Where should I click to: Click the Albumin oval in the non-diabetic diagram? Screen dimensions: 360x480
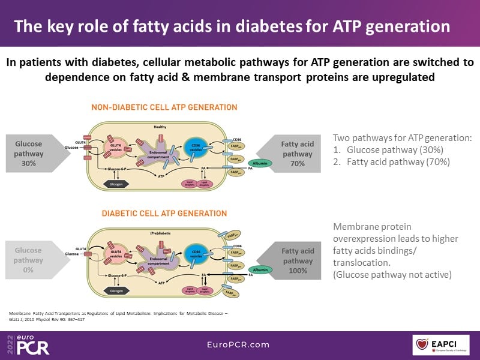260,163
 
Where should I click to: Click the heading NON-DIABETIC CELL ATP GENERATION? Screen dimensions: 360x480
164,107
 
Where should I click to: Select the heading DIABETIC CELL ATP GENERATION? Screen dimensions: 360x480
164,214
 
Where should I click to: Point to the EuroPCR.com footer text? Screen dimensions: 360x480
239,346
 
